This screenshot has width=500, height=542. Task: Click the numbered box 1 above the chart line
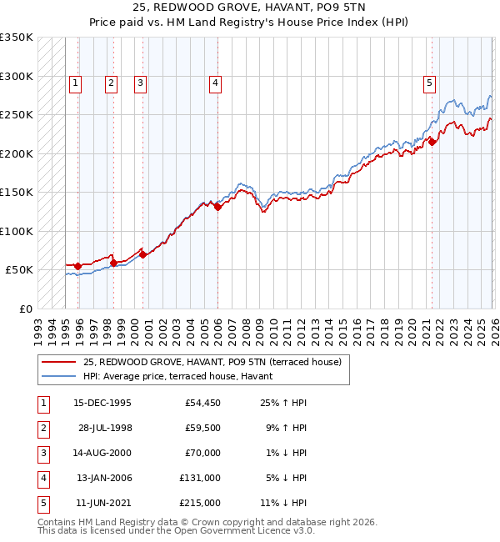(x=76, y=83)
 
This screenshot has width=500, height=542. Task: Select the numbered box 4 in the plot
(x=215, y=83)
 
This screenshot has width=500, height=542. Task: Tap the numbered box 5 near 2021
(x=429, y=83)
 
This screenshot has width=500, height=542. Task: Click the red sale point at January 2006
(x=217, y=208)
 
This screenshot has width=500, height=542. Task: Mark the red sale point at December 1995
(x=78, y=267)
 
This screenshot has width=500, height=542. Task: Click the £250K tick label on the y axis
(x=16, y=115)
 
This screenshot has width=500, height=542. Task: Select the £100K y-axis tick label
(x=16, y=231)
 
